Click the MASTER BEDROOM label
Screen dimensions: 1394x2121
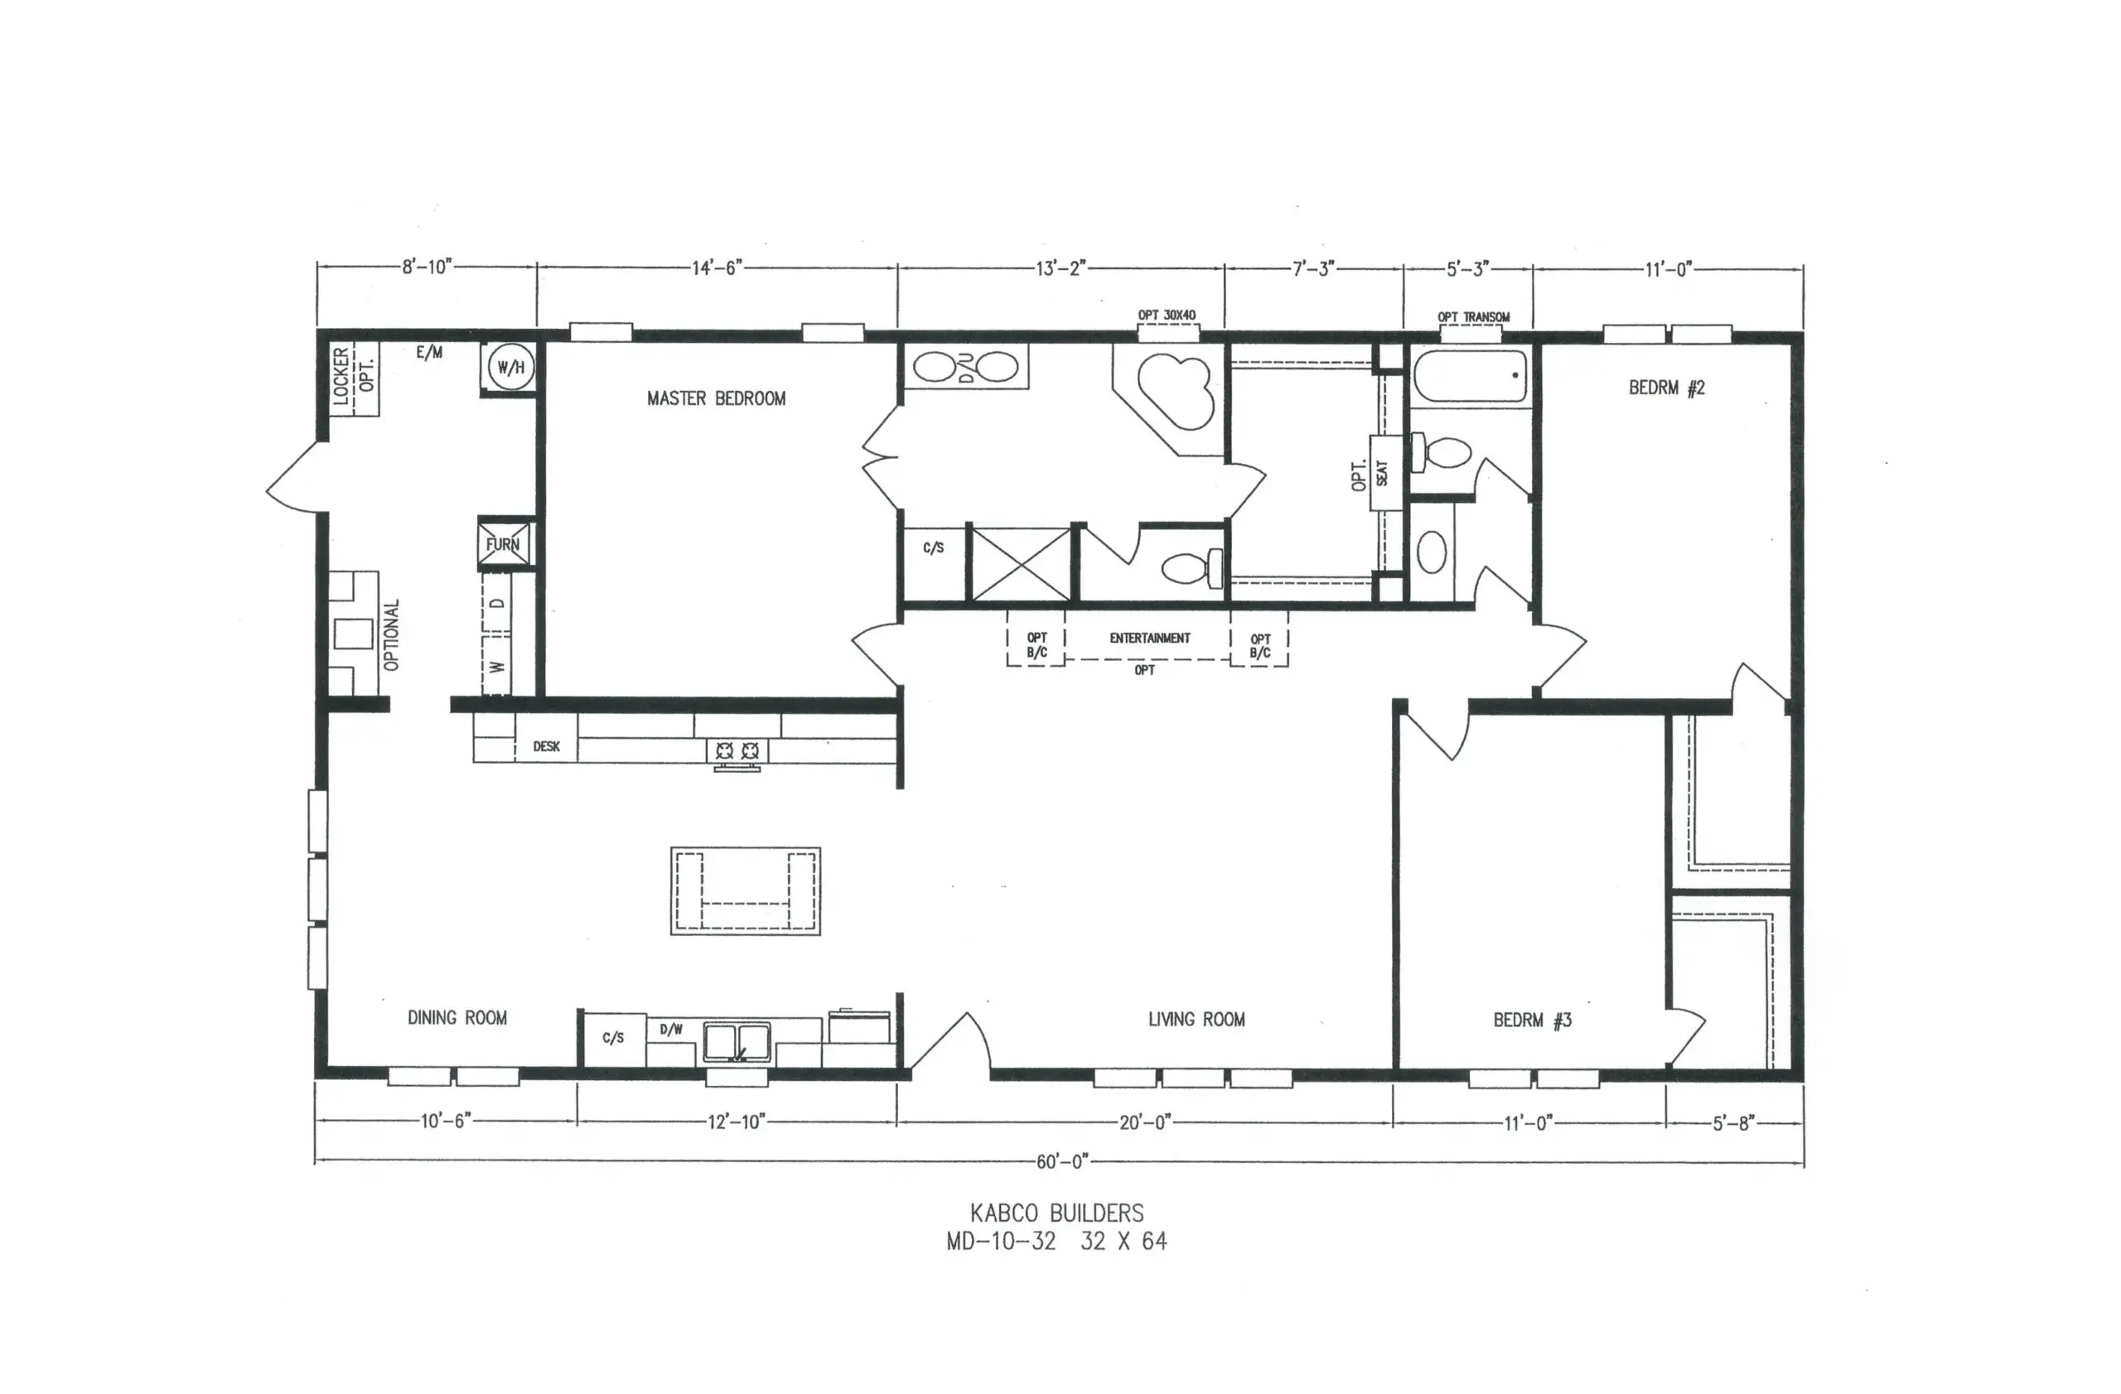click(716, 398)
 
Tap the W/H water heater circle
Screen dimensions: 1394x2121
click(510, 367)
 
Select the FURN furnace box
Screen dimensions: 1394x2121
click(504, 544)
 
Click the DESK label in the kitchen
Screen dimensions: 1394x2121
click(546, 746)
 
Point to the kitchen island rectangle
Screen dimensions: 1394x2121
click(745, 890)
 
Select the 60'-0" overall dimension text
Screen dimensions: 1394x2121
click(1061, 1161)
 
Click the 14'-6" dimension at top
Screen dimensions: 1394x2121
click(717, 268)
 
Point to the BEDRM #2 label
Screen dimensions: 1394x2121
click(1666, 388)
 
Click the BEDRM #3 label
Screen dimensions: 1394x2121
click(1532, 1020)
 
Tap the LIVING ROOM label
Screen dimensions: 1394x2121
click(1196, 1019)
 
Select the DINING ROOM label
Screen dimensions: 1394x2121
click(457, 1017)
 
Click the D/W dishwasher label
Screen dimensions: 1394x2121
click(671, 1029)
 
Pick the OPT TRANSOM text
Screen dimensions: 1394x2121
click(1473, 317)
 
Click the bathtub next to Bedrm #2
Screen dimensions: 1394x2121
click(1470, 375)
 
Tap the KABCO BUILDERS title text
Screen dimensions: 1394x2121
click(1056, 1213)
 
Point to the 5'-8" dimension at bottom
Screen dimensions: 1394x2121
click(1732, 1123)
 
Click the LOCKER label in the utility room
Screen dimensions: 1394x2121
click(341, 377)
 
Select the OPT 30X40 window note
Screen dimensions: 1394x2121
click(1167, 316)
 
